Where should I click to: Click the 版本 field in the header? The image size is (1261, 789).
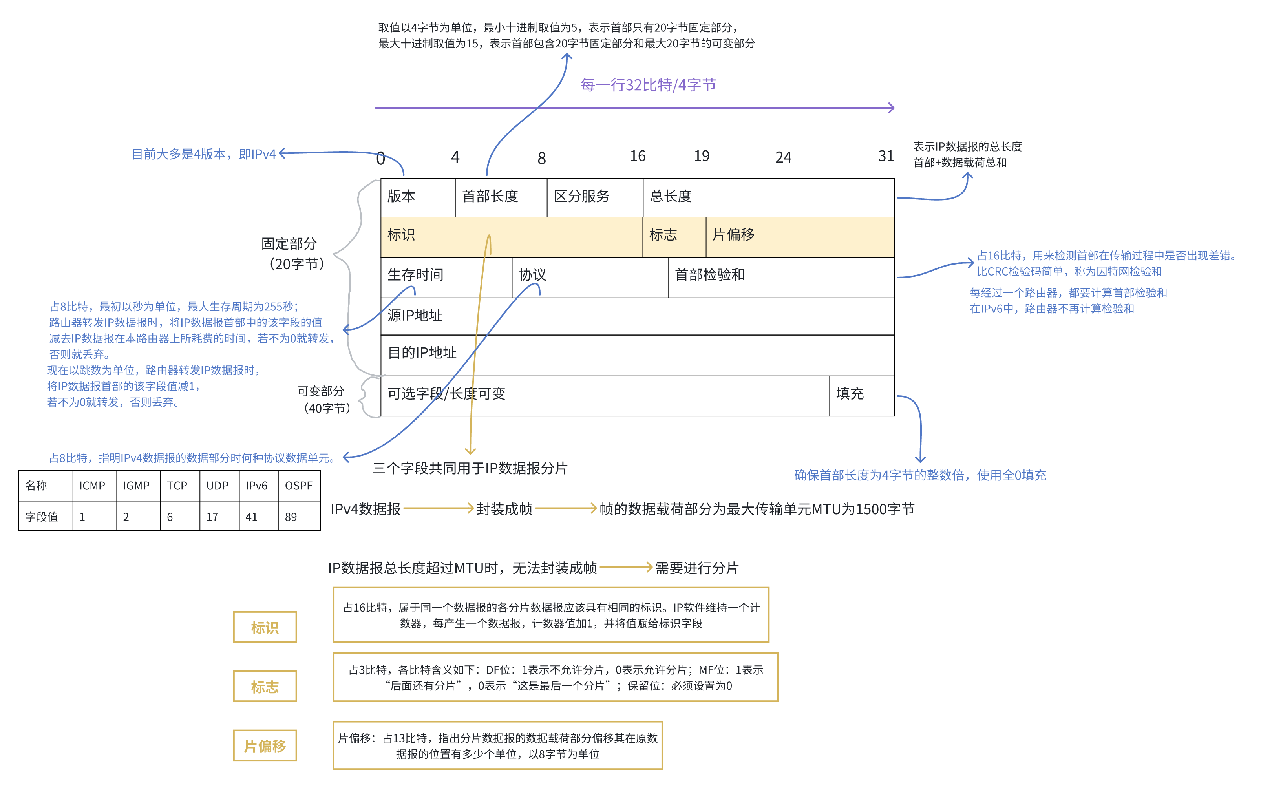(418, 197)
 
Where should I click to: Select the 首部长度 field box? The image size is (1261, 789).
(501, 197)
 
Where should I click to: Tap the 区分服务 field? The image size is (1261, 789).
(594, 197)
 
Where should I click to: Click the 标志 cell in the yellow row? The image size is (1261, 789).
(673, 236)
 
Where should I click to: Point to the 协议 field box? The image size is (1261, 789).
(589, 277)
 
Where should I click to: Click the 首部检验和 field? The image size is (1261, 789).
(780, 277)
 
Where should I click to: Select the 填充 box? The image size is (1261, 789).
(861, 395)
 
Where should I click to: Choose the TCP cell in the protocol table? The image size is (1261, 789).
(179, 486)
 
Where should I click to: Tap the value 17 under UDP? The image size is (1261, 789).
(219, 517)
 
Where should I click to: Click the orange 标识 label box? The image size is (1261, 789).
(265, 627)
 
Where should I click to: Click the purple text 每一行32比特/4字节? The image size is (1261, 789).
(648, 85)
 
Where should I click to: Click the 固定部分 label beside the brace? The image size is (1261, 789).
(290, 244)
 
